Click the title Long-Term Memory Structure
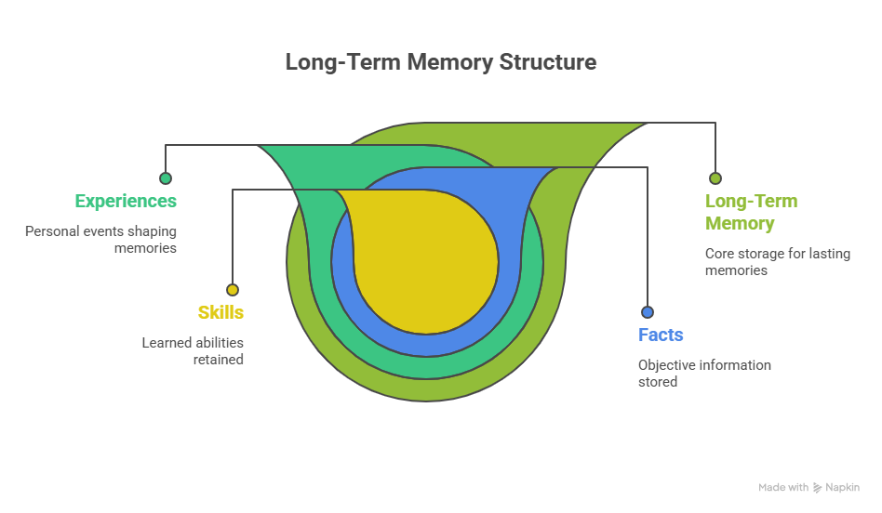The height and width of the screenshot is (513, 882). pos(440,62)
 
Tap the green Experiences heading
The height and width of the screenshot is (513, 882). pos(126,201)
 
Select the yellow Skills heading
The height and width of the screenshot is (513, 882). pos(220,312)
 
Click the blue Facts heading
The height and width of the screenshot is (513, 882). pos(661,335)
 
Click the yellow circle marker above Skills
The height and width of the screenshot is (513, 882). pos(233,290)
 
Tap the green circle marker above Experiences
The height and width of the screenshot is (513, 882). pos(166,178)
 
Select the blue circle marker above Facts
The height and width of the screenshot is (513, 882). pos(648,312)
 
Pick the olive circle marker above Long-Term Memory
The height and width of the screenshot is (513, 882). pos(715,178)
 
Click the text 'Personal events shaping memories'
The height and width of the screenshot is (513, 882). pos(100,239)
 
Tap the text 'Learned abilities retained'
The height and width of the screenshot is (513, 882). pos(193,350)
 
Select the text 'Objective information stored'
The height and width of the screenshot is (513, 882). pos(704,373)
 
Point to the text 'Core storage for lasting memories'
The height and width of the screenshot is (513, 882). pos(777,261)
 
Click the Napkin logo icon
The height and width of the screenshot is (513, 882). pos(817,487)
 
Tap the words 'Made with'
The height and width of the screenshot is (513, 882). pos(782,487)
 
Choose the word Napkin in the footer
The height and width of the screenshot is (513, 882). pos(842,487)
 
